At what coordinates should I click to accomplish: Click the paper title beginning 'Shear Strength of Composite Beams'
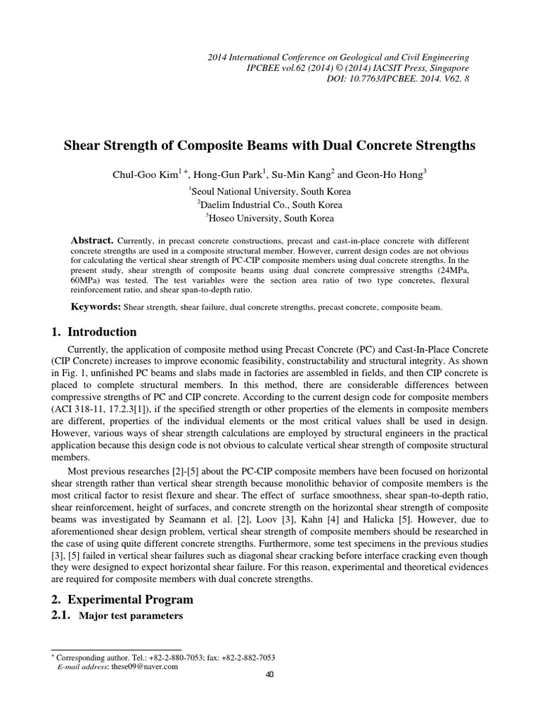point(269,146)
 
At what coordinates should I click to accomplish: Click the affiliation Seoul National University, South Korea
point(269,191)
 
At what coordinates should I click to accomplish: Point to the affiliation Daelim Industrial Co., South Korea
point(269,205)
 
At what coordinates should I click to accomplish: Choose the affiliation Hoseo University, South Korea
point(269,218)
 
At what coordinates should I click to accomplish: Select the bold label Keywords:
point(96,307)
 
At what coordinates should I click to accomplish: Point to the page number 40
point(269,675)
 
